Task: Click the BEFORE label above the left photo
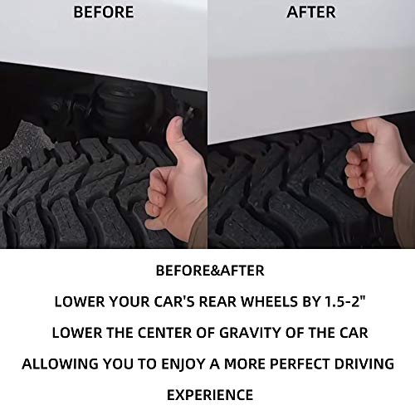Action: [x=104, y=12]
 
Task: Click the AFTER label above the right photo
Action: [x=311, y=12]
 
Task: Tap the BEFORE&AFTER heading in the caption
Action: [x=210, y=271]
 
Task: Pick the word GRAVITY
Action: [x=251, y=332]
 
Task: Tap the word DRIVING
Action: [x=364, y=364]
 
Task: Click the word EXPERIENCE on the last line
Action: [x=210, y=394]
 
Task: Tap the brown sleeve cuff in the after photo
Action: [x=404, y=206]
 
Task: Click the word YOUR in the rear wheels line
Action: [x=128, y=301]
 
